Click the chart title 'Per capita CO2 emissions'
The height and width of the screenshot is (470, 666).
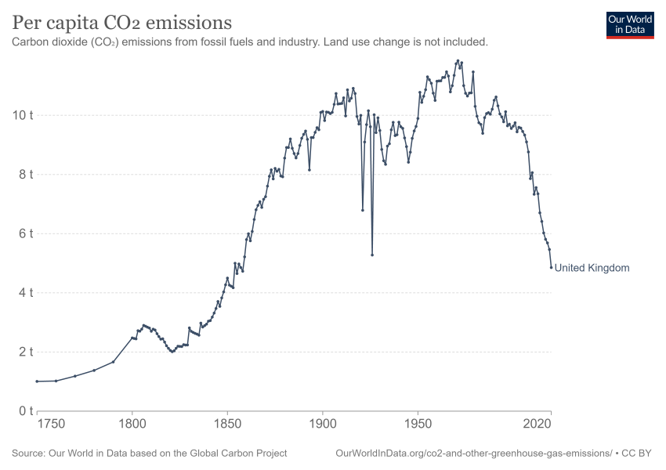coord(122,23)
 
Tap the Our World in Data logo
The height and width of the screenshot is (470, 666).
coord(630,25)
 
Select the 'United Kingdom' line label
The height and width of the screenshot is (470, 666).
coord(592,268)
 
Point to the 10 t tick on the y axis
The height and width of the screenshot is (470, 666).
coord(23,115)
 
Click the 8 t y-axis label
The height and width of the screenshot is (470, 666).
coord(26,175)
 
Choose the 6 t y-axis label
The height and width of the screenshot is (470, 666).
coord(26,233)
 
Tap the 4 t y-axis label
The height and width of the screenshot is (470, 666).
coord(26,292)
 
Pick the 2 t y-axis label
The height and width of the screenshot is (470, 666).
coord(26,352)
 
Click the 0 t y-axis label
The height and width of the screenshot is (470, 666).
coord(26,411)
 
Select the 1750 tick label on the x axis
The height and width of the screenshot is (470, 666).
coord(51,424)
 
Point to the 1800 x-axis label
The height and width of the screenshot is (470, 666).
coord(132,424)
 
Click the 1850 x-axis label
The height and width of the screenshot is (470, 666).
coord(227,424)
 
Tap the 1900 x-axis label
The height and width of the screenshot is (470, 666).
coord(322,424)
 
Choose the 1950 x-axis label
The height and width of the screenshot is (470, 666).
coord(418,424)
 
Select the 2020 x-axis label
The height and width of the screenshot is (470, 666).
coord(538,424)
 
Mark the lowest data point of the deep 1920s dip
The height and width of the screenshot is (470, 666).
coord(372,255)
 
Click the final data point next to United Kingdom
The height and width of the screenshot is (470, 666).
coord(552,267)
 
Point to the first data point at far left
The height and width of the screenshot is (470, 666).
coord(37,381)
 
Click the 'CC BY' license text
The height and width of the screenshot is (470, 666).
coord(636,454)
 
